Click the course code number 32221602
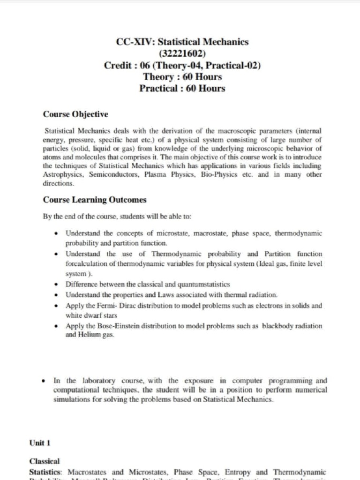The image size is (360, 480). pyautogui.click(x=182, y=53)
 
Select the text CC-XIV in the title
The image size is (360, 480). pyautogui.click(x=133, y=42)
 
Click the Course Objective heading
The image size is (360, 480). pyautogui.click(x=75, y=114)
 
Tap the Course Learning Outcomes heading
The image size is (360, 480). pyautogui.click(x=95, y=200)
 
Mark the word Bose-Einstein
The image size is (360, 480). pyautogui.click(x=115, y=326)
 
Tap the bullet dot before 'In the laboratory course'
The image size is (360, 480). pyautogui.click(x=44, y=381)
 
